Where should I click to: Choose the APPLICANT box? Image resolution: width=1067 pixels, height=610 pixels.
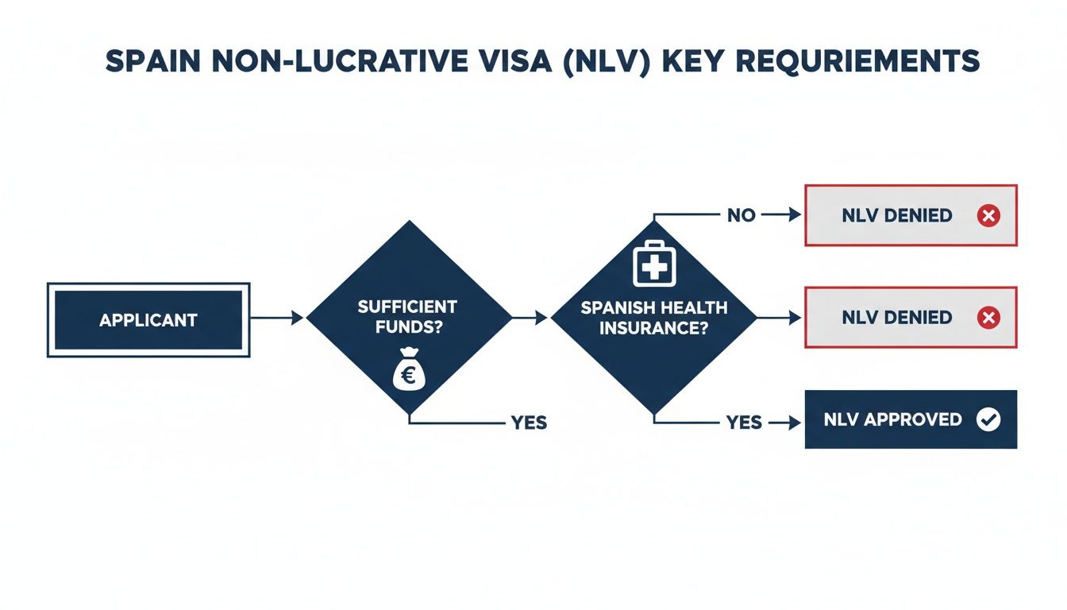pos(148,320)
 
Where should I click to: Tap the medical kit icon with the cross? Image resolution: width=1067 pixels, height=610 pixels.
pos(653,264)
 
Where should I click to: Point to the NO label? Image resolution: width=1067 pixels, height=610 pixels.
pos(741,215)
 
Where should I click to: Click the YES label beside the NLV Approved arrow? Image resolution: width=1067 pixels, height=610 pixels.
pos(744,423)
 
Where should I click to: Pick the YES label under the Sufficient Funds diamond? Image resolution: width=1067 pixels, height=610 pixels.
pos(529,423)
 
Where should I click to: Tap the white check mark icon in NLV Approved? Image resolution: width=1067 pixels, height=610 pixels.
pos(988,420)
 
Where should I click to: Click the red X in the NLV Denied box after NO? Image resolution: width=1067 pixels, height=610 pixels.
pos(988,215)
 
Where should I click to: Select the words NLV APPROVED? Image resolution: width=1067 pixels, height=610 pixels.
pos(893,420)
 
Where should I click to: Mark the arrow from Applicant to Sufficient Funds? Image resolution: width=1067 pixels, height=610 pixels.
pos(277,318)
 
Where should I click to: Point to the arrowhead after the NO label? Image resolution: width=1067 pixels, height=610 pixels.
pos(794,215)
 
